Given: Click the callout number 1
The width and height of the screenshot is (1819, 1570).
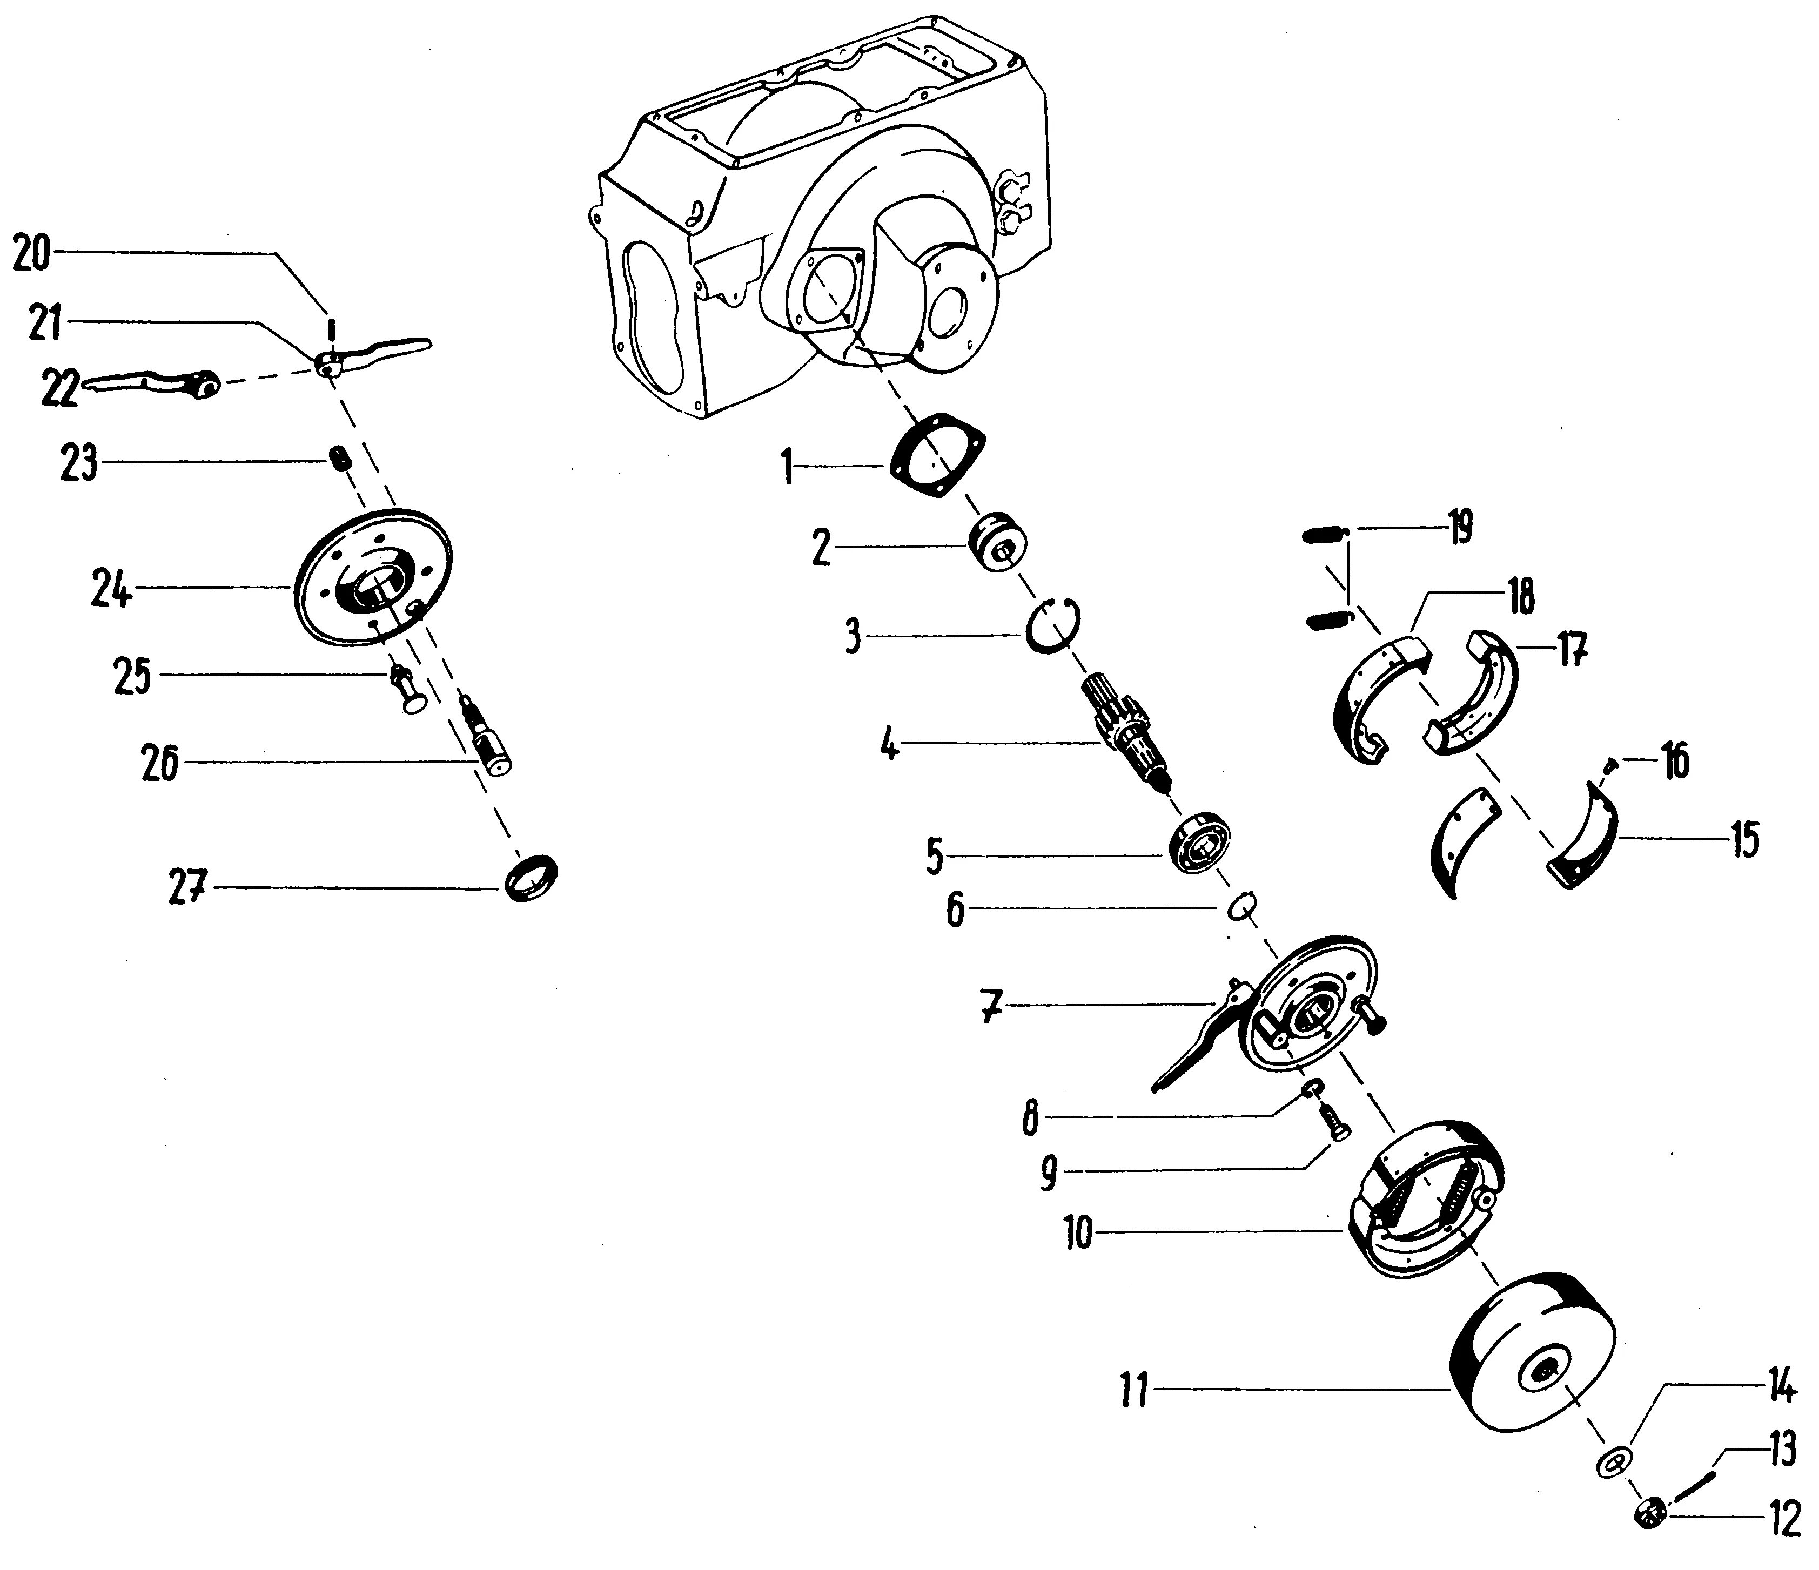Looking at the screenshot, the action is tap(788, 467).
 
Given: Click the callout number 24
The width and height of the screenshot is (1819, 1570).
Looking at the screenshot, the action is tap(112, 589).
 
